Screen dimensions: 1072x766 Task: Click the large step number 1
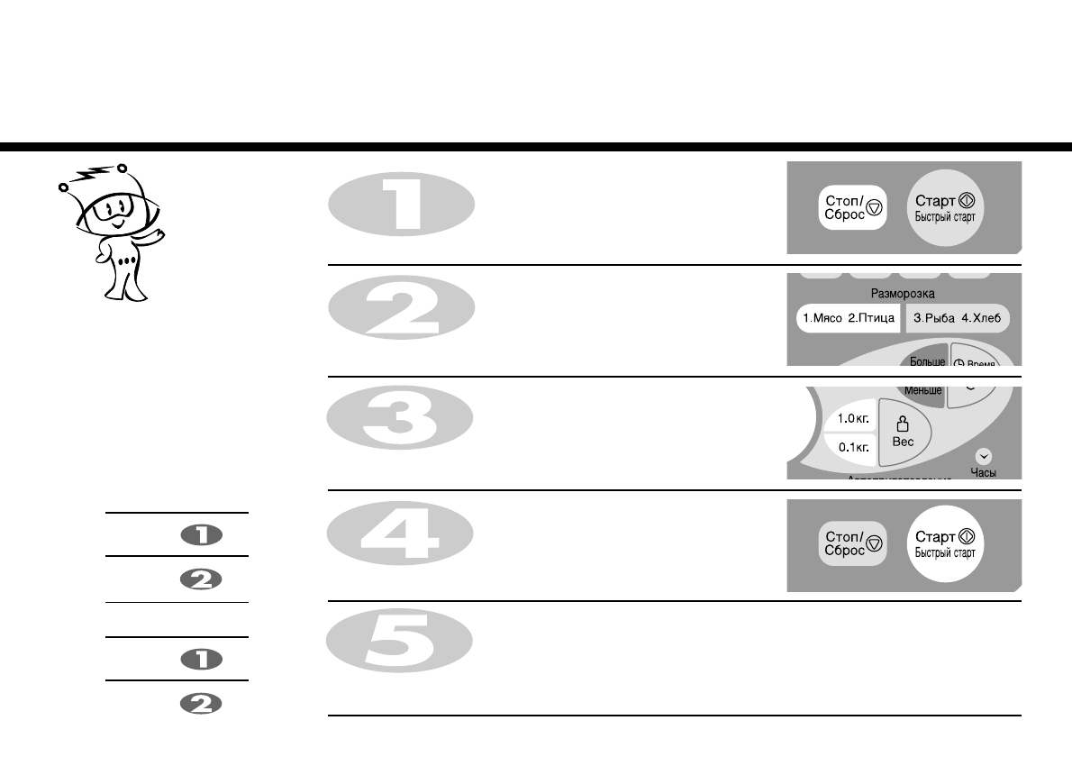401,206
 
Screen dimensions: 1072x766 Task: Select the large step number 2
401,319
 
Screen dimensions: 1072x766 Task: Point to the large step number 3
401,431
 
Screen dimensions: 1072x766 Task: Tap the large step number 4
401,543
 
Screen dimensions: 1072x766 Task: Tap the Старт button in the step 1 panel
945,207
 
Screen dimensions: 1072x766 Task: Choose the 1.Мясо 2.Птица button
848,318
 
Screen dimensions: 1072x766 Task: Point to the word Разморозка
903,294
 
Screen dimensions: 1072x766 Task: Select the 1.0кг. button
852,418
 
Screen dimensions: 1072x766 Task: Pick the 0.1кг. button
852,446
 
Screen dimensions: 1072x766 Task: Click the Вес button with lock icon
903,432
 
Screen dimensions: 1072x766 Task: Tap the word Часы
983,471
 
